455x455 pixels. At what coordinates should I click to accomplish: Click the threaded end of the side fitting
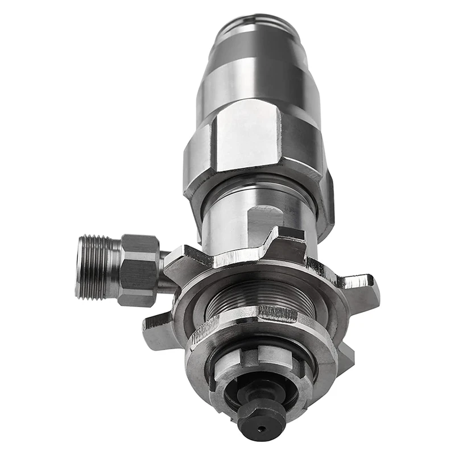tap(91, 267)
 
